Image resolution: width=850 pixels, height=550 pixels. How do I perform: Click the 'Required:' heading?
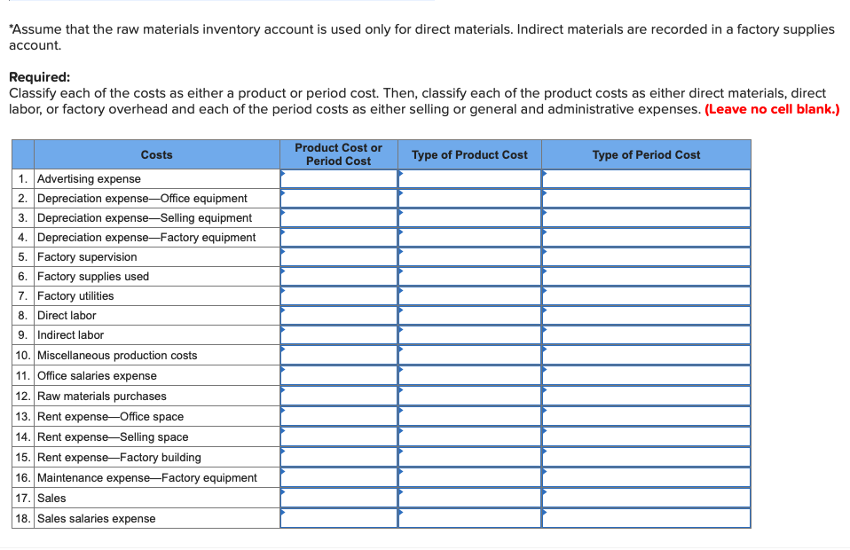[x=39, y=77]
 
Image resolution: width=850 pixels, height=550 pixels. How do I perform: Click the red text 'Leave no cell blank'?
[x=771, y=109]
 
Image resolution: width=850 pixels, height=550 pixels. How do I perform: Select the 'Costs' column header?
[x=156, y=154]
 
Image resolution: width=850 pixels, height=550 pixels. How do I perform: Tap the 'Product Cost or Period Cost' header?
[x=338, y=154]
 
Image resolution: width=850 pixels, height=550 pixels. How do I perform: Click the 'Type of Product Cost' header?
[x=469, y=154]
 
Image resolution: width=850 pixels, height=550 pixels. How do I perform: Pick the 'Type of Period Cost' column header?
[x=646, y=154]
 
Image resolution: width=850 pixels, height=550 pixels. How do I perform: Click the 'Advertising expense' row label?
[x=89, y=178]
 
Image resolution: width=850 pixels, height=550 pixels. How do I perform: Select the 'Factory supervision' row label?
[x=87, y=256]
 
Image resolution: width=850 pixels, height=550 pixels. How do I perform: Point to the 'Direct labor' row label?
[x=67, y=315]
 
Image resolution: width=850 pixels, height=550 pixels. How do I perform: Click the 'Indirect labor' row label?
[x=70, y=334]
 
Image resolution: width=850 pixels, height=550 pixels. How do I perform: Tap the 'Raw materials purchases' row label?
[x=101, y=396]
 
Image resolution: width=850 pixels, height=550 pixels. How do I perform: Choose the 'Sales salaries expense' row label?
[x=96, y=518]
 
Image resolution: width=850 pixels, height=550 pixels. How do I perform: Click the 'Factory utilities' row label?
[x=75, y=295]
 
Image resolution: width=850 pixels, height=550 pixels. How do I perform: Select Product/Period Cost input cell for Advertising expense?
[x=339, y=178]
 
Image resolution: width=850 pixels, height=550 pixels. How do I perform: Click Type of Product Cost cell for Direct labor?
[x=469, y=315]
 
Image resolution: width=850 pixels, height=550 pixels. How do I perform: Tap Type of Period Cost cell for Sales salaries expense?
[x=646, y=518]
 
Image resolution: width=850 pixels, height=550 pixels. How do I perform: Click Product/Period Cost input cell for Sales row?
[x=339, y=498]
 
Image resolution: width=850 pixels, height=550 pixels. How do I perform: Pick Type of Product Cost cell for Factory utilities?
[x=469, y=295]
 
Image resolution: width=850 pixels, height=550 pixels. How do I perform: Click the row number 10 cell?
[x=24, y=355]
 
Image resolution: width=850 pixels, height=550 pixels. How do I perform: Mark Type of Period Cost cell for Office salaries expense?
[x=646, y=375]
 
